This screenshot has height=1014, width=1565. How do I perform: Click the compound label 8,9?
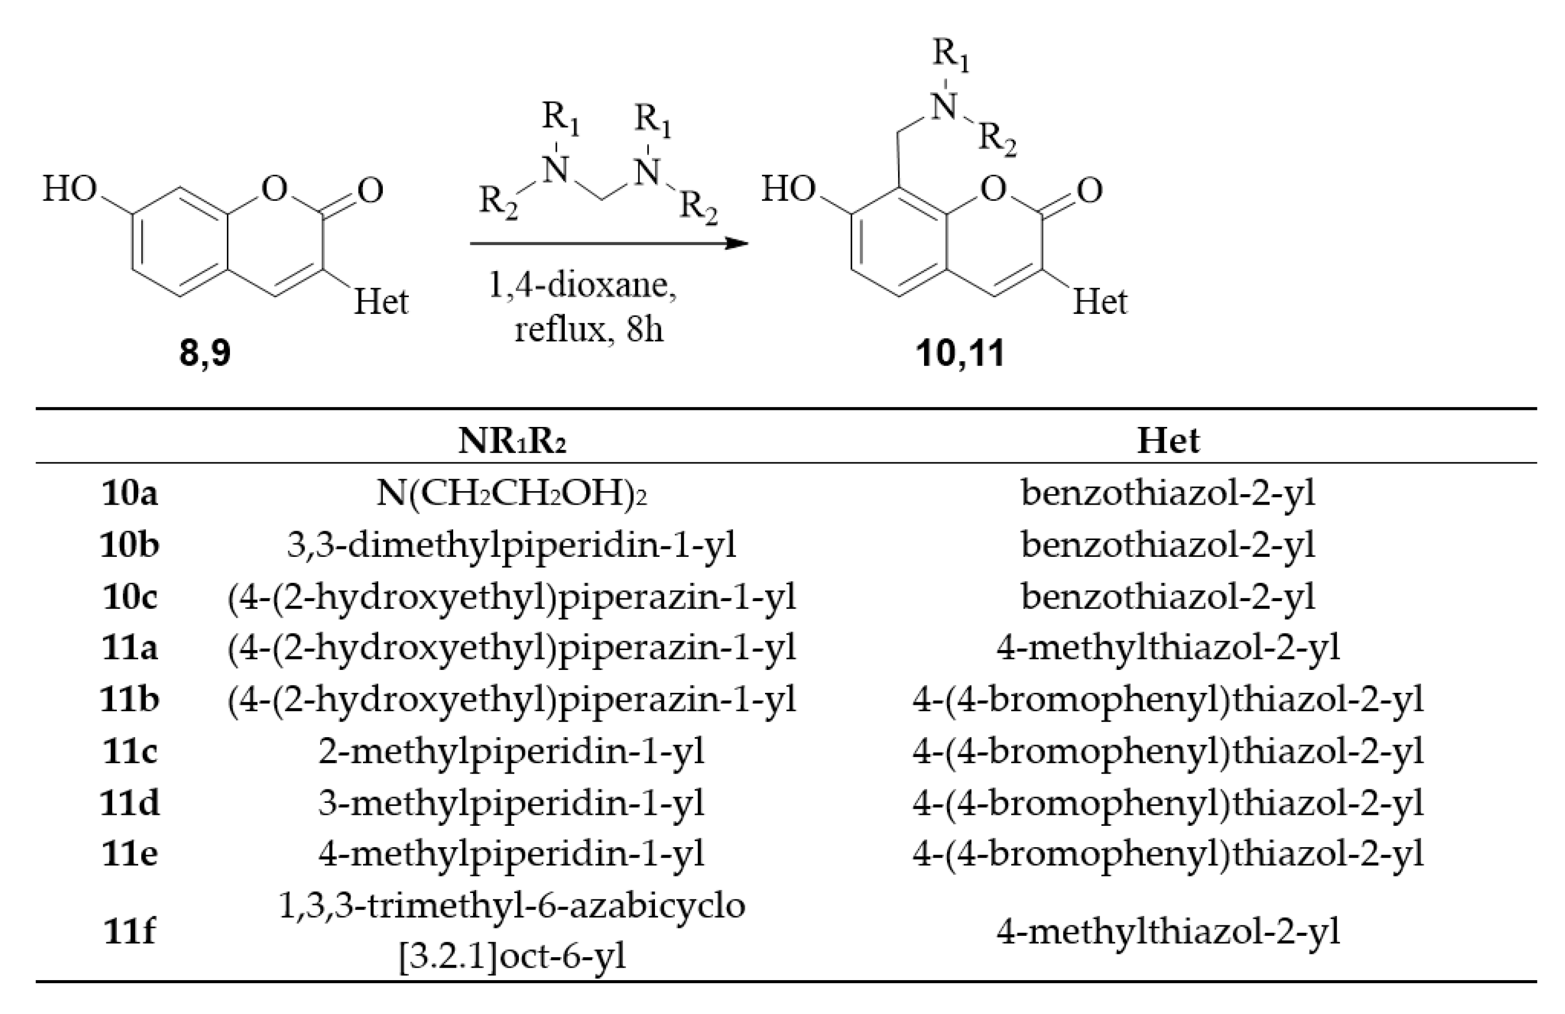tap(205, 353)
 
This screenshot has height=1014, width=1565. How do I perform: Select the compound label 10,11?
tap(960, 353)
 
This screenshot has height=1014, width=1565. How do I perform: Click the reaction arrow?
tap(608, 244)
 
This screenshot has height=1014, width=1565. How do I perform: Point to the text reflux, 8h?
tap(589, 328)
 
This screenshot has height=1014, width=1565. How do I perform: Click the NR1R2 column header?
tap(512, 441)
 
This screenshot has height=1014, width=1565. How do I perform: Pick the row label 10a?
tap(129, 493)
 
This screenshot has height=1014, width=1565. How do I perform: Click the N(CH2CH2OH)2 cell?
tap(512, 493)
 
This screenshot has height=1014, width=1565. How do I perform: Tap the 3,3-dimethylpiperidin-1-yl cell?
tap(512, 545)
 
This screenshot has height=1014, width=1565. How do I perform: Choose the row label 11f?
tap(129, 931)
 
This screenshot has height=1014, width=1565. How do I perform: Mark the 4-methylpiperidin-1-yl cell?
tap(512, 853)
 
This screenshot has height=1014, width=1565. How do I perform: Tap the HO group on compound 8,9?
tap(69, 189)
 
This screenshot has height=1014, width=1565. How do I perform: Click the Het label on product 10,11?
tap(1099, 302)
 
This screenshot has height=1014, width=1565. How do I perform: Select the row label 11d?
tap(129, 802)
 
